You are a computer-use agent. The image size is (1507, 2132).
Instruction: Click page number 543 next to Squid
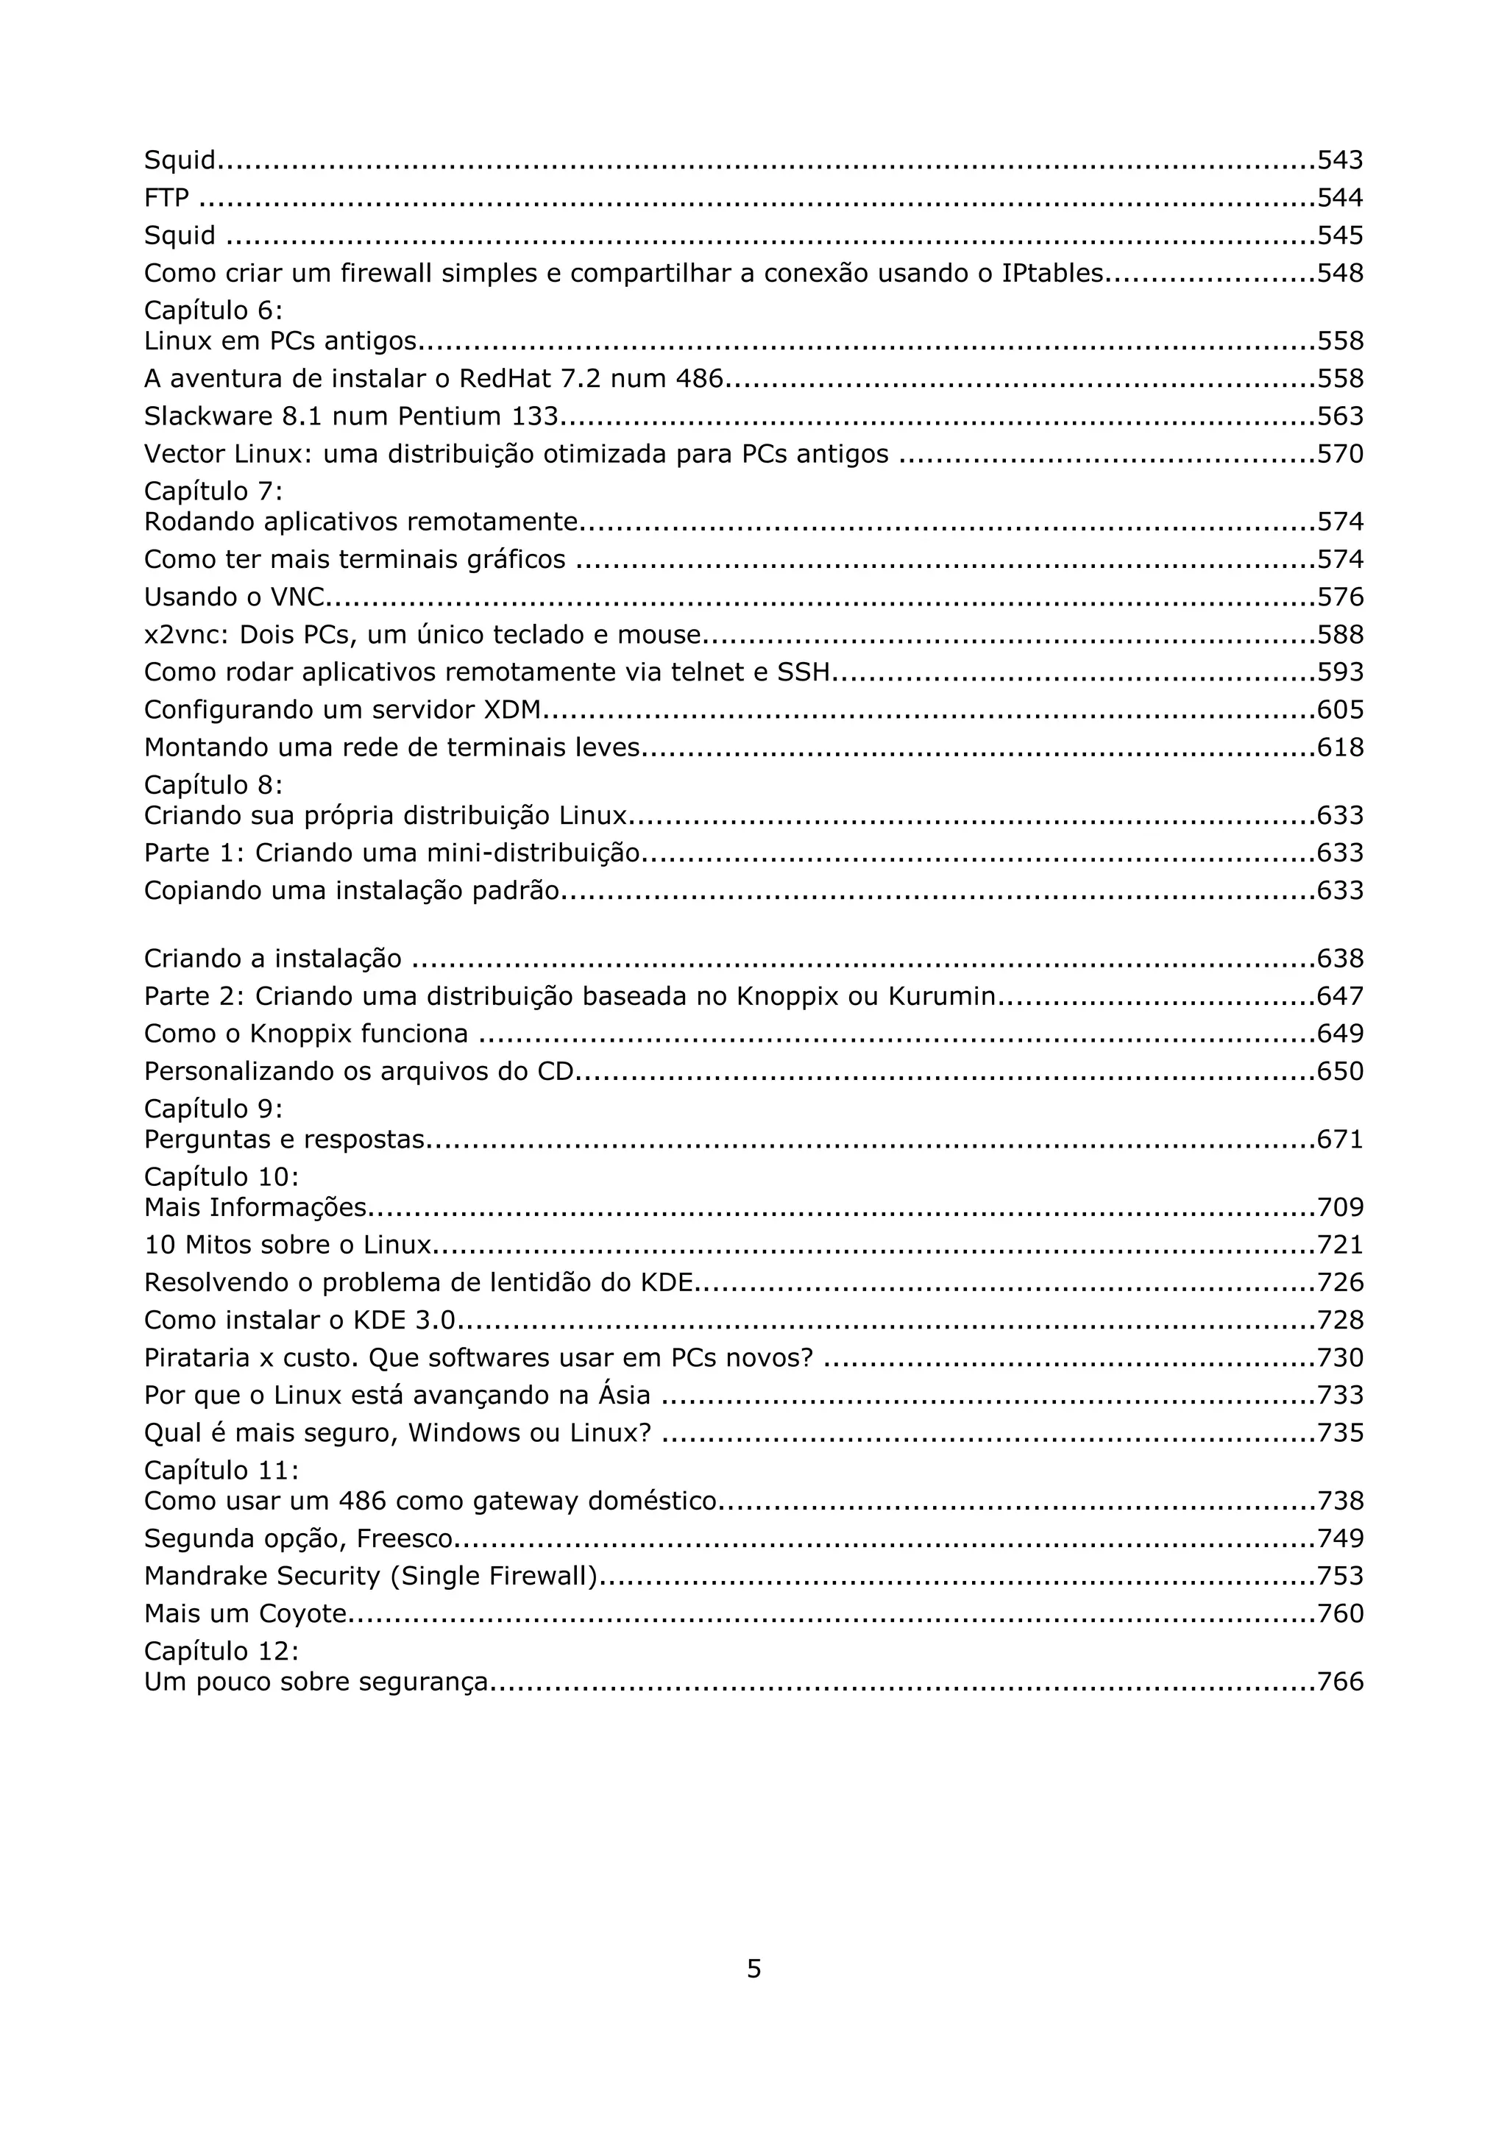point(1340,160)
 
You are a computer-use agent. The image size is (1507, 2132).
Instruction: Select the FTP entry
point(166,198)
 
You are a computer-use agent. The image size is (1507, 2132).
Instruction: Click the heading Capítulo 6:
point(213,310)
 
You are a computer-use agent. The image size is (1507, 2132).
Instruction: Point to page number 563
point(1340,416)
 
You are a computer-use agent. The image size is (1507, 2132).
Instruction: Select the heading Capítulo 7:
point(213,491)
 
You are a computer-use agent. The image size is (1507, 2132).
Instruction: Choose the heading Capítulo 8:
point(213,785)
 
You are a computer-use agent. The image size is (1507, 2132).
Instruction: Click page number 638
point(1340,959)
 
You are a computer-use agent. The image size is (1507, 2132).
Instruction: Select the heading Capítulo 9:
point(213,1109)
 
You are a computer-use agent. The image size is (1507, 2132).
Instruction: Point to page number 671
point(1340,1140)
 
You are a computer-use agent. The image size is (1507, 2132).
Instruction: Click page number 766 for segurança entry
point(1340,1682)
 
